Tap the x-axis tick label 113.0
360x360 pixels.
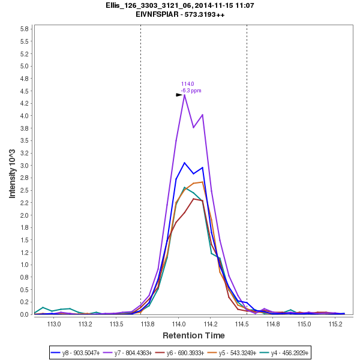point(54,324)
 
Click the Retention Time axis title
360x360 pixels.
point(194,335)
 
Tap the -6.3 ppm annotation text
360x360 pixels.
point(191,91)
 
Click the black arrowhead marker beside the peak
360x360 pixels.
point(179,95)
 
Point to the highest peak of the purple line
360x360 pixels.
point(184,95)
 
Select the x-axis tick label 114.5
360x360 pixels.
point(241,324)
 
